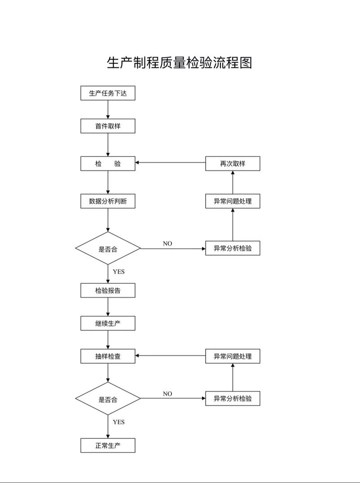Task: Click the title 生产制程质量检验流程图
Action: click(x=180, y=63)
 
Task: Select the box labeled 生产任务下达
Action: click(x=108, y=93)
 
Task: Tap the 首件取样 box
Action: click(x=108, y=126)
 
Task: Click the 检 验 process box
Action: click(x=108, y=164)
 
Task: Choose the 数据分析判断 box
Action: click(x=108, y=201)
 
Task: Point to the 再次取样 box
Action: click(x=233, y=164)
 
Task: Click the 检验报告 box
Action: click(x=108, y=291)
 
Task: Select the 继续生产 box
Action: click(x=108, y=323)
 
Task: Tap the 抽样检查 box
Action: click(x=108, y=356)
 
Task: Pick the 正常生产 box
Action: click(x=108, y=445)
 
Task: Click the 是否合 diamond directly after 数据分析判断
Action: click(x=108, y=248)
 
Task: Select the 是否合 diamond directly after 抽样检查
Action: click(x=108, y=398)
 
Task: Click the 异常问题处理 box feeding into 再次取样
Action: click(x=233, y=201)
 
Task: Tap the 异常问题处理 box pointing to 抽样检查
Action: click(x=233, y=356)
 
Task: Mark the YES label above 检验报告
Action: click(x=119, y=272)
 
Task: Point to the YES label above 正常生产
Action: click(x=119, y=422)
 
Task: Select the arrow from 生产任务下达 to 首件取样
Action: click(x=108, y=109)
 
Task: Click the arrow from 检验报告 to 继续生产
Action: click(x=108, y=307)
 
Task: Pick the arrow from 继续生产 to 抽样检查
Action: click(x=108, y=340)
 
